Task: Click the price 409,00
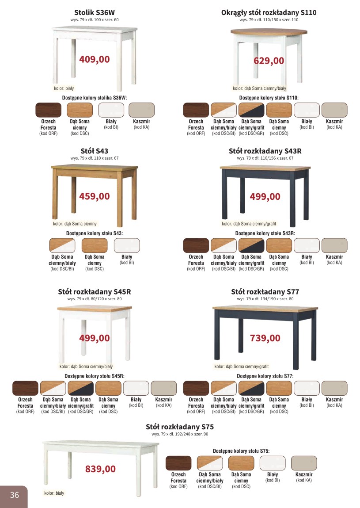tap(95, 59)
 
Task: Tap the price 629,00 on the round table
tap(269, 61)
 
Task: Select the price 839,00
tap(100, 469)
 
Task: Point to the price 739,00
tap(265, 338)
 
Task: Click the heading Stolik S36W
tap(95, 13)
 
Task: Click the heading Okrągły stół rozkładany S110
tap(269, 13)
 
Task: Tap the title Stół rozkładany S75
tap(180, 427)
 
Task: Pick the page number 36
tap(14, 495)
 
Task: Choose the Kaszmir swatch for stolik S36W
tap(141, 110)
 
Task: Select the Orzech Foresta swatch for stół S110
tap(196, 110)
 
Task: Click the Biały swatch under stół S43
tap(127, 245)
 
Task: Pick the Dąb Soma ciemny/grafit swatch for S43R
tap(251, 245)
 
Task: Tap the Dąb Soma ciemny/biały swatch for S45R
tap(53, 388)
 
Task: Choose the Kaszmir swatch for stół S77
tap(334, 388)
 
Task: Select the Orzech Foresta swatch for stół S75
tap(178, 463)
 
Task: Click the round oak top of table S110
tap(269, 32)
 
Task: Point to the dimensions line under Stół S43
tap(95, 158)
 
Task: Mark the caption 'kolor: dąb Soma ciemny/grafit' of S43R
tap(249, 224)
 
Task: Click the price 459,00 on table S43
tap(95, 196)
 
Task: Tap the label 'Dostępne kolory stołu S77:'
tap(265, 376)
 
